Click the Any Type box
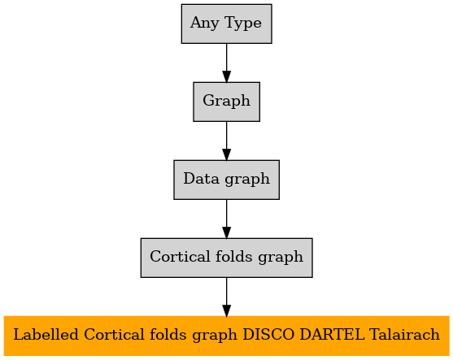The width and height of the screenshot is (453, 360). (x=226, y=24)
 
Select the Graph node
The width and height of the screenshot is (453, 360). (x=226, y=102)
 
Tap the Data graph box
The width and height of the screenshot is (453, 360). (x=226, y=180)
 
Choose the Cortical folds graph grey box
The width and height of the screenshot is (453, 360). (x=226, y=258)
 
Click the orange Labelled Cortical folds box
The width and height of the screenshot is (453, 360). (x=226, y=336)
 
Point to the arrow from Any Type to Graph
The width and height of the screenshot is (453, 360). (x=226, y=63)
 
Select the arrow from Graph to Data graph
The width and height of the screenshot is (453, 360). (x=226, y=141)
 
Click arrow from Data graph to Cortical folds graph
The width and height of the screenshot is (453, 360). (x=226, y=219)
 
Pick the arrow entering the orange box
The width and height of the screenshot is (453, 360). (x=226, y=297)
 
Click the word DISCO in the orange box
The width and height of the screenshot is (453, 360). (x=268, y=335)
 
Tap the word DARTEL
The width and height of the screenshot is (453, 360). (x=332, y=335)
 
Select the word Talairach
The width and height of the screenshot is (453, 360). (x=404, y=335)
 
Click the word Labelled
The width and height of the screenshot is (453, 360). (x=46, y=335)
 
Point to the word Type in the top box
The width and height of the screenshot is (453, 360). (x=242, y=23)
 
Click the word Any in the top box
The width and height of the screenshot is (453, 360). (x=205, y=23)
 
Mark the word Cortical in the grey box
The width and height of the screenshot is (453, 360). (x=180, y=256)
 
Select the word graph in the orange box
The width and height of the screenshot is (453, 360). (x=215, y=336)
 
